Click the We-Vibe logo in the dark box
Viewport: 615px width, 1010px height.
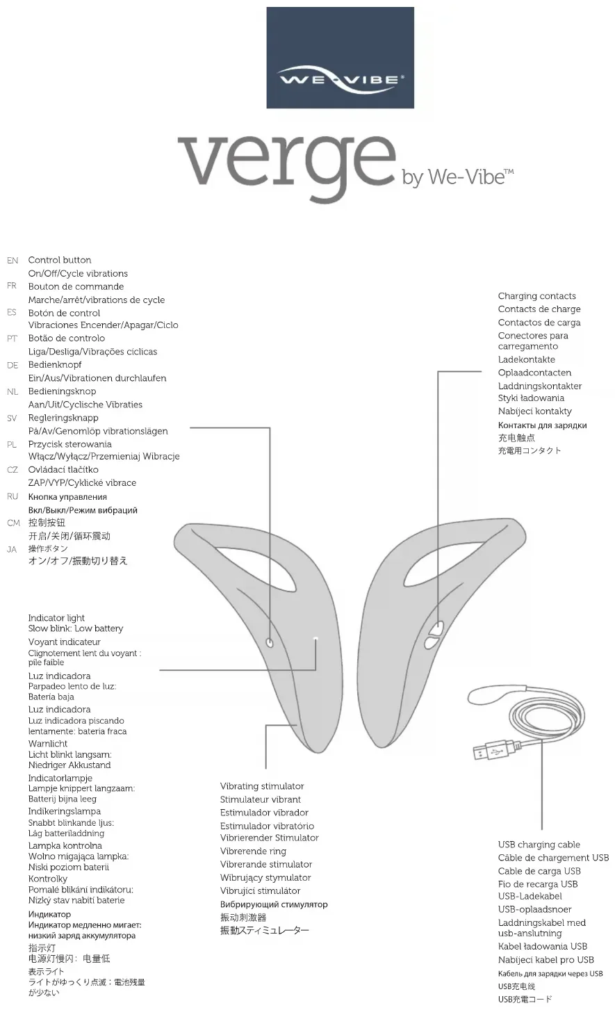(340, 79)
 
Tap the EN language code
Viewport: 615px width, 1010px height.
(13, 261)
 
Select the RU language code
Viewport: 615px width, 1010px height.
(13, 497)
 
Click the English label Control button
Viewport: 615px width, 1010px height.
(60, 260)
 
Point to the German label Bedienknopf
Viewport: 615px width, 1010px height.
(55, 365)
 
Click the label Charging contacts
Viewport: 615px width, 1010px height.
(536, 296)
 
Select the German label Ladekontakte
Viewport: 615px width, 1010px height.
(526, 359)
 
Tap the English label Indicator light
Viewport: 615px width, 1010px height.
(56, 618)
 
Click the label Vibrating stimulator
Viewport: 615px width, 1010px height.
(262, 786)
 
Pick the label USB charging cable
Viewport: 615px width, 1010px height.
(539, 845)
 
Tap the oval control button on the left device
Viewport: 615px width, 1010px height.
(270, 643)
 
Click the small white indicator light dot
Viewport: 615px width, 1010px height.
(315, 639)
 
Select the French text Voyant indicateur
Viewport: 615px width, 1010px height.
(64, 642)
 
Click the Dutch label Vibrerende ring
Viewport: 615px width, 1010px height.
(253, 852)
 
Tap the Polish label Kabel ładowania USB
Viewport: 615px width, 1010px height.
(542, 946)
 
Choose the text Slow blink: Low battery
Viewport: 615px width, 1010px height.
(75, 628)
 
